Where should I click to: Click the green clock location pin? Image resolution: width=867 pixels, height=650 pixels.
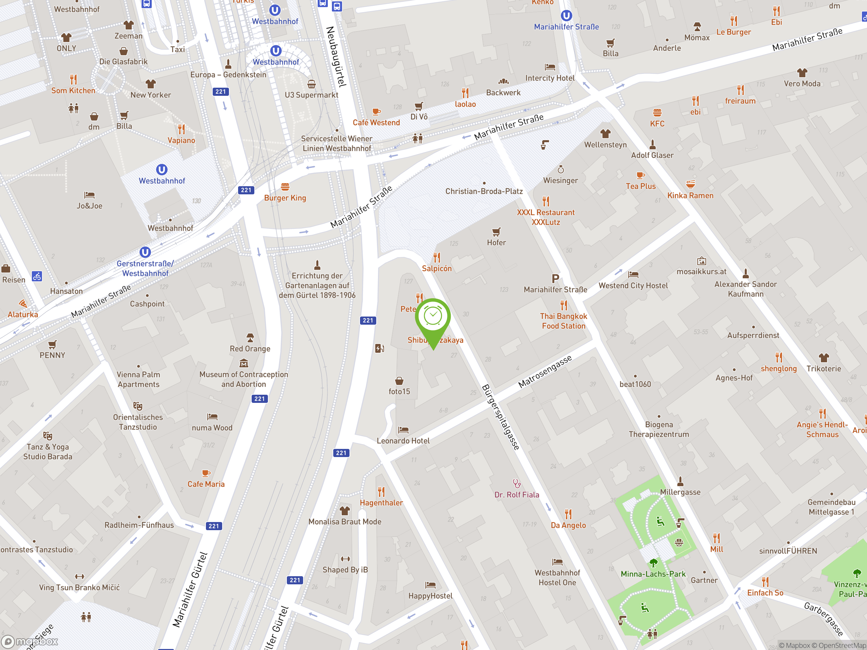(433, 317)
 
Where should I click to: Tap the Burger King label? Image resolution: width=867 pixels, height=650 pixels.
(285, 198)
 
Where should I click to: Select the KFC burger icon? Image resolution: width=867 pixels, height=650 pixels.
(657, 113)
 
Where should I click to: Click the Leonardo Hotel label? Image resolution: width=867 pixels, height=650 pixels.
(403, 441)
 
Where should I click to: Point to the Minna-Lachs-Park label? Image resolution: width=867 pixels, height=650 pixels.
(653, 574)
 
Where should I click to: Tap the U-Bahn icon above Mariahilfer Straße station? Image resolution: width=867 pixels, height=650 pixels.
(566, 16)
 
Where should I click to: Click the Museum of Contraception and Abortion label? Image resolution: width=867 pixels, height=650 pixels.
(244, 379)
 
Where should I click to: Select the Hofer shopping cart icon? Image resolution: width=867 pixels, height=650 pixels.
(496, 232)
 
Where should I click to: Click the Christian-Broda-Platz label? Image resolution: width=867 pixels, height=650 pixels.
(484, 191)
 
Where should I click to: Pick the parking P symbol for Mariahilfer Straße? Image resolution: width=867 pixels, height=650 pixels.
(555, 279)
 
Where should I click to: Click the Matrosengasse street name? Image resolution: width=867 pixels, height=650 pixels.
(545, 371)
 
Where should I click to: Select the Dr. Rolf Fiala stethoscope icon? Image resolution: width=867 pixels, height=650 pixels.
(516, 483)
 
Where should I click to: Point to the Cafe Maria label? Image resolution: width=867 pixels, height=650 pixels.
(206, 484)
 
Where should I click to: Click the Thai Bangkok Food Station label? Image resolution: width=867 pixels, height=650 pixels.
(563, 321)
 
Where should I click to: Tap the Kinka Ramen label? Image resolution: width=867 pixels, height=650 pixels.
(690, 196)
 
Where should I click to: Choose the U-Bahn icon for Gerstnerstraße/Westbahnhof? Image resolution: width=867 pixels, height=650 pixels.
(145, 252)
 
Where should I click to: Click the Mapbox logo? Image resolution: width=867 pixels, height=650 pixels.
(30, 642)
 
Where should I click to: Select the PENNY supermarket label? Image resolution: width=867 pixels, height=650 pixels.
(52, 355)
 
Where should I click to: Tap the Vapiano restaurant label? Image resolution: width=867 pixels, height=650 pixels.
(181, 140)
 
